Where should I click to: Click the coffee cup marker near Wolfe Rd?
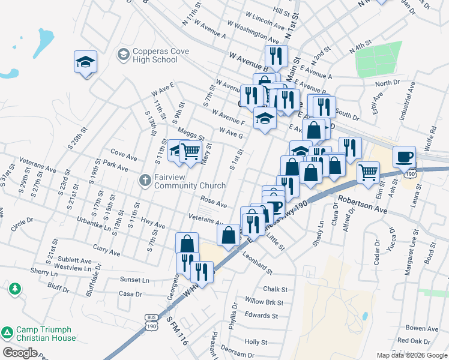(x=404, y=157)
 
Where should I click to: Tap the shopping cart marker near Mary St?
(x=190, y=151)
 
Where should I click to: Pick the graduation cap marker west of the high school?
(x=85, y=61)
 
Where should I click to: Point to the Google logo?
(x=20, y=353)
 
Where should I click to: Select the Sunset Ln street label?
(x=134, y=280)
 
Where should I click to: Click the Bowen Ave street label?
(x=421, y=329)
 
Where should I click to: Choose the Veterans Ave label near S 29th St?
(x=37, y=161)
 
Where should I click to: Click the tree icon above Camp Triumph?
(x=14, y=289)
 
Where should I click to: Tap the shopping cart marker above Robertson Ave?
(x=368, y=172)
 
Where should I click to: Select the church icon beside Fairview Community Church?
(x=145, y=181)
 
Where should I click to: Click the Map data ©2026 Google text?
(x=411, y=355)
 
